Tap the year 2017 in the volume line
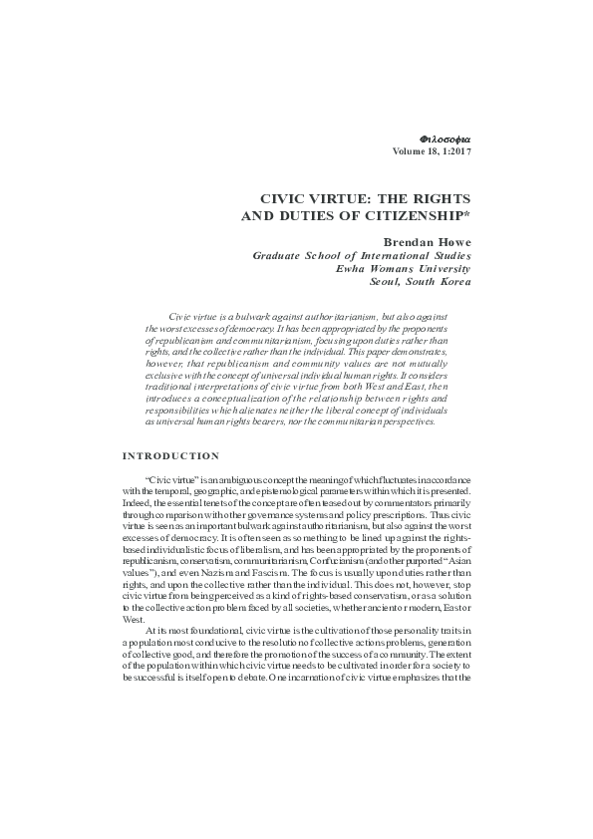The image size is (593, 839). coord(459,150)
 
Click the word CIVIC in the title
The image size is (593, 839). coord(285,199)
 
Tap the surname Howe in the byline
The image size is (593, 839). coord(454,242)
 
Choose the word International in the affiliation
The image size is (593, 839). coord(394,256)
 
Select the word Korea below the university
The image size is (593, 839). coord(453,282)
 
